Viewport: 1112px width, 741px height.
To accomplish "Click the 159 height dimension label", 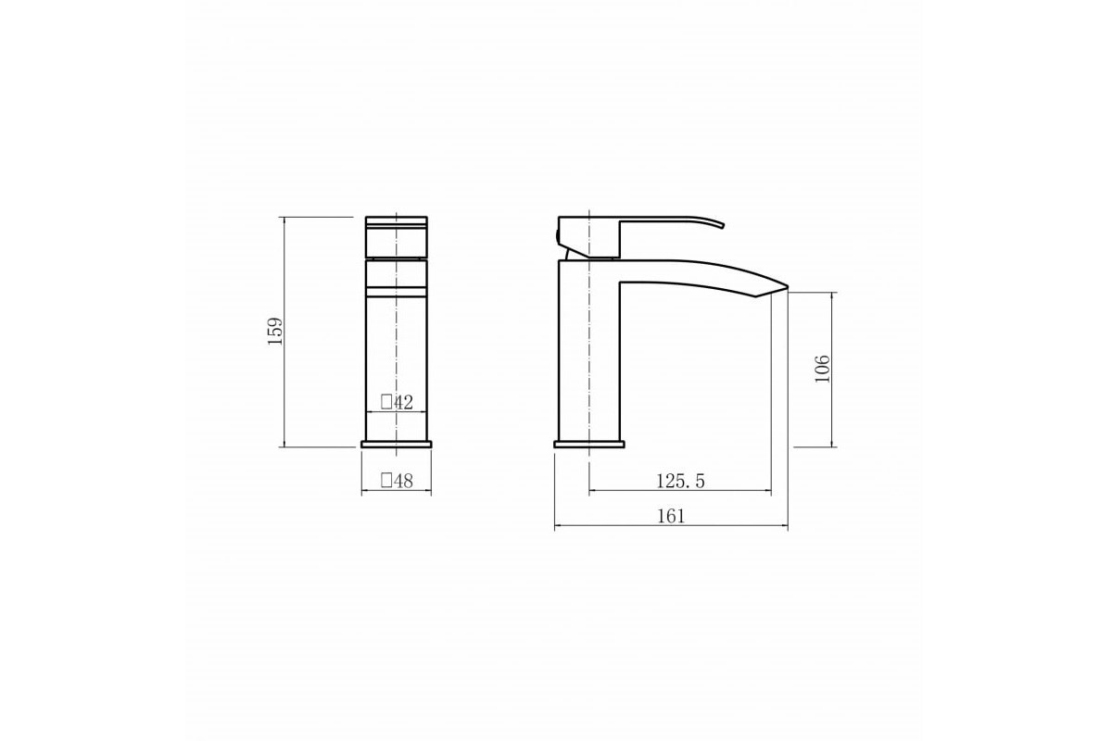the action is coord(275,331).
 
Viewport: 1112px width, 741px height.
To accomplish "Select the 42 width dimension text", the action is coord(403,402).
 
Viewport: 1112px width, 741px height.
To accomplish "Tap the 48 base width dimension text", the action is coord(403,481).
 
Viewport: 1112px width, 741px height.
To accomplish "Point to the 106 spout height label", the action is coord(822,369).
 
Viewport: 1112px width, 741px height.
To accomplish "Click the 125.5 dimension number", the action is coord(680,481).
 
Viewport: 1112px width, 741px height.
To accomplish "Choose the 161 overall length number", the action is coord(671,516).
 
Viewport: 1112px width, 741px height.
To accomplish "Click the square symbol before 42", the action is coord(386,401).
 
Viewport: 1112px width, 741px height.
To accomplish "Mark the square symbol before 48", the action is coord(386,481).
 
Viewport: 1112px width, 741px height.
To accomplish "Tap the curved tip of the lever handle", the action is coord(721,225).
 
